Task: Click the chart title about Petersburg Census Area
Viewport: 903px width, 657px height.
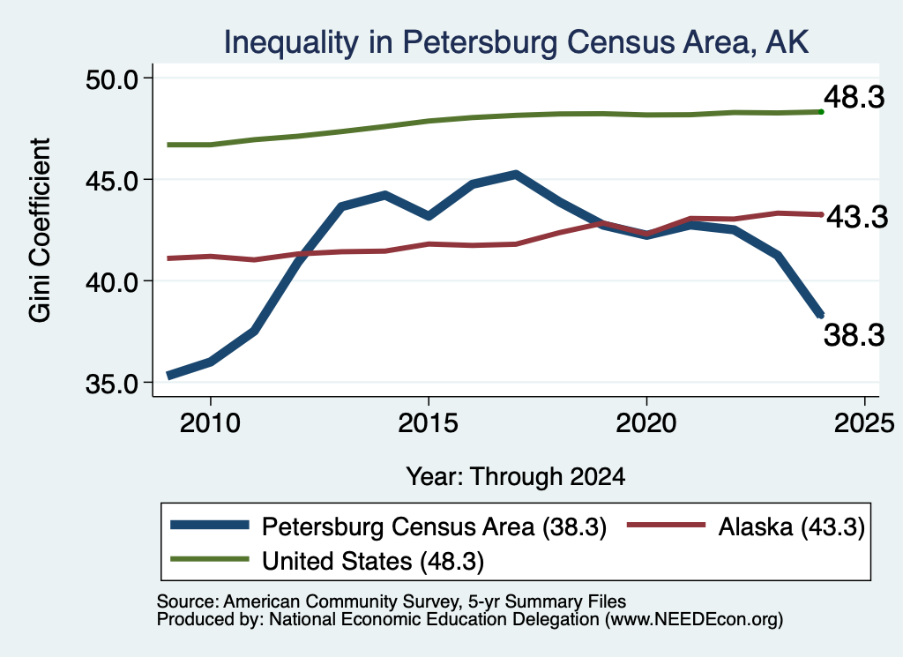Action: coord(516,42)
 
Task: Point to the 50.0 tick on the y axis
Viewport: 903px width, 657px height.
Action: coord(112,78)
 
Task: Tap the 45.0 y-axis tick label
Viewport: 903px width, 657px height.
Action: coord(112,180)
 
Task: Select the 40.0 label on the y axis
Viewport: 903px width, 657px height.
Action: coord(112,281)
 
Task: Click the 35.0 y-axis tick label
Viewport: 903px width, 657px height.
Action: coord(112,384)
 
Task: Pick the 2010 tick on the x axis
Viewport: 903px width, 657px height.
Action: coord(210,423)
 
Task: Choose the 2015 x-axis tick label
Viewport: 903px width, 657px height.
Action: coord(428,423)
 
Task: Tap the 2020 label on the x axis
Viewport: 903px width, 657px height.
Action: coord(646,423)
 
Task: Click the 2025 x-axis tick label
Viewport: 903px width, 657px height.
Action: coord(864,423)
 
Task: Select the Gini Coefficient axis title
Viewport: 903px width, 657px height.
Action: coord(40,230)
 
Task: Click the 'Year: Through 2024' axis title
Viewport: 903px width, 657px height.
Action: coord(515,477)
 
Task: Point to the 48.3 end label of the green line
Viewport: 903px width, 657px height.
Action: coord(854,96)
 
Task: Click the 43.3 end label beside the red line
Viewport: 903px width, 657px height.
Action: coord(857,217)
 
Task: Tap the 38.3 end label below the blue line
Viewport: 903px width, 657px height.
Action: coord(854,335)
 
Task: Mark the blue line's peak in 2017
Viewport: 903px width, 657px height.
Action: coord(515,174)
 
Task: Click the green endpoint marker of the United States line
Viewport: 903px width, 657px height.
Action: coord(821,112)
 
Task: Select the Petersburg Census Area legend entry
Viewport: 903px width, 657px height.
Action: coord(389,526)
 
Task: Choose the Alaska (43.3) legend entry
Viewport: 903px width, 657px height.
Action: coord(746,526)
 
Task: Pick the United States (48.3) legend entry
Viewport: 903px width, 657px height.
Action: coord(327,561)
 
